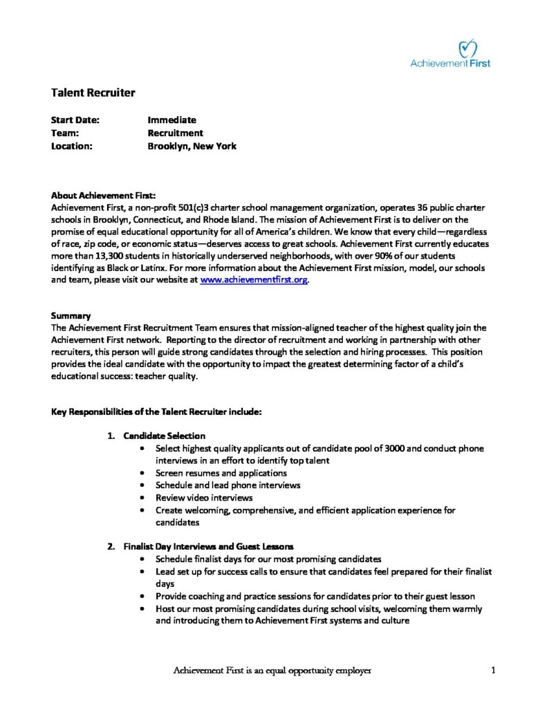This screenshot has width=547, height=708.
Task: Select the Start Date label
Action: pos(75,120)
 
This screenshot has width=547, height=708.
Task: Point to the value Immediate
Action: pos(171,120)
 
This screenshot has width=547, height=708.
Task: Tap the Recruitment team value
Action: pos(175,133)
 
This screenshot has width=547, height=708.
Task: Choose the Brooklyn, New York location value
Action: pos(192,146)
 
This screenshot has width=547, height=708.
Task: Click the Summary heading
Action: pos(71,315)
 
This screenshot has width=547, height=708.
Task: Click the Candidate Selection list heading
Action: pos(164,436)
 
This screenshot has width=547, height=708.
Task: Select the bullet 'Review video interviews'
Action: pos(204,497)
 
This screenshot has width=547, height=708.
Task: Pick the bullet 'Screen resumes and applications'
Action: pos(221,473)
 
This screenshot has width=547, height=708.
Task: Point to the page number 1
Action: pos(493,670)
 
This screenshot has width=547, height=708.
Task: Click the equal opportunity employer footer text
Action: pos(272,670)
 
